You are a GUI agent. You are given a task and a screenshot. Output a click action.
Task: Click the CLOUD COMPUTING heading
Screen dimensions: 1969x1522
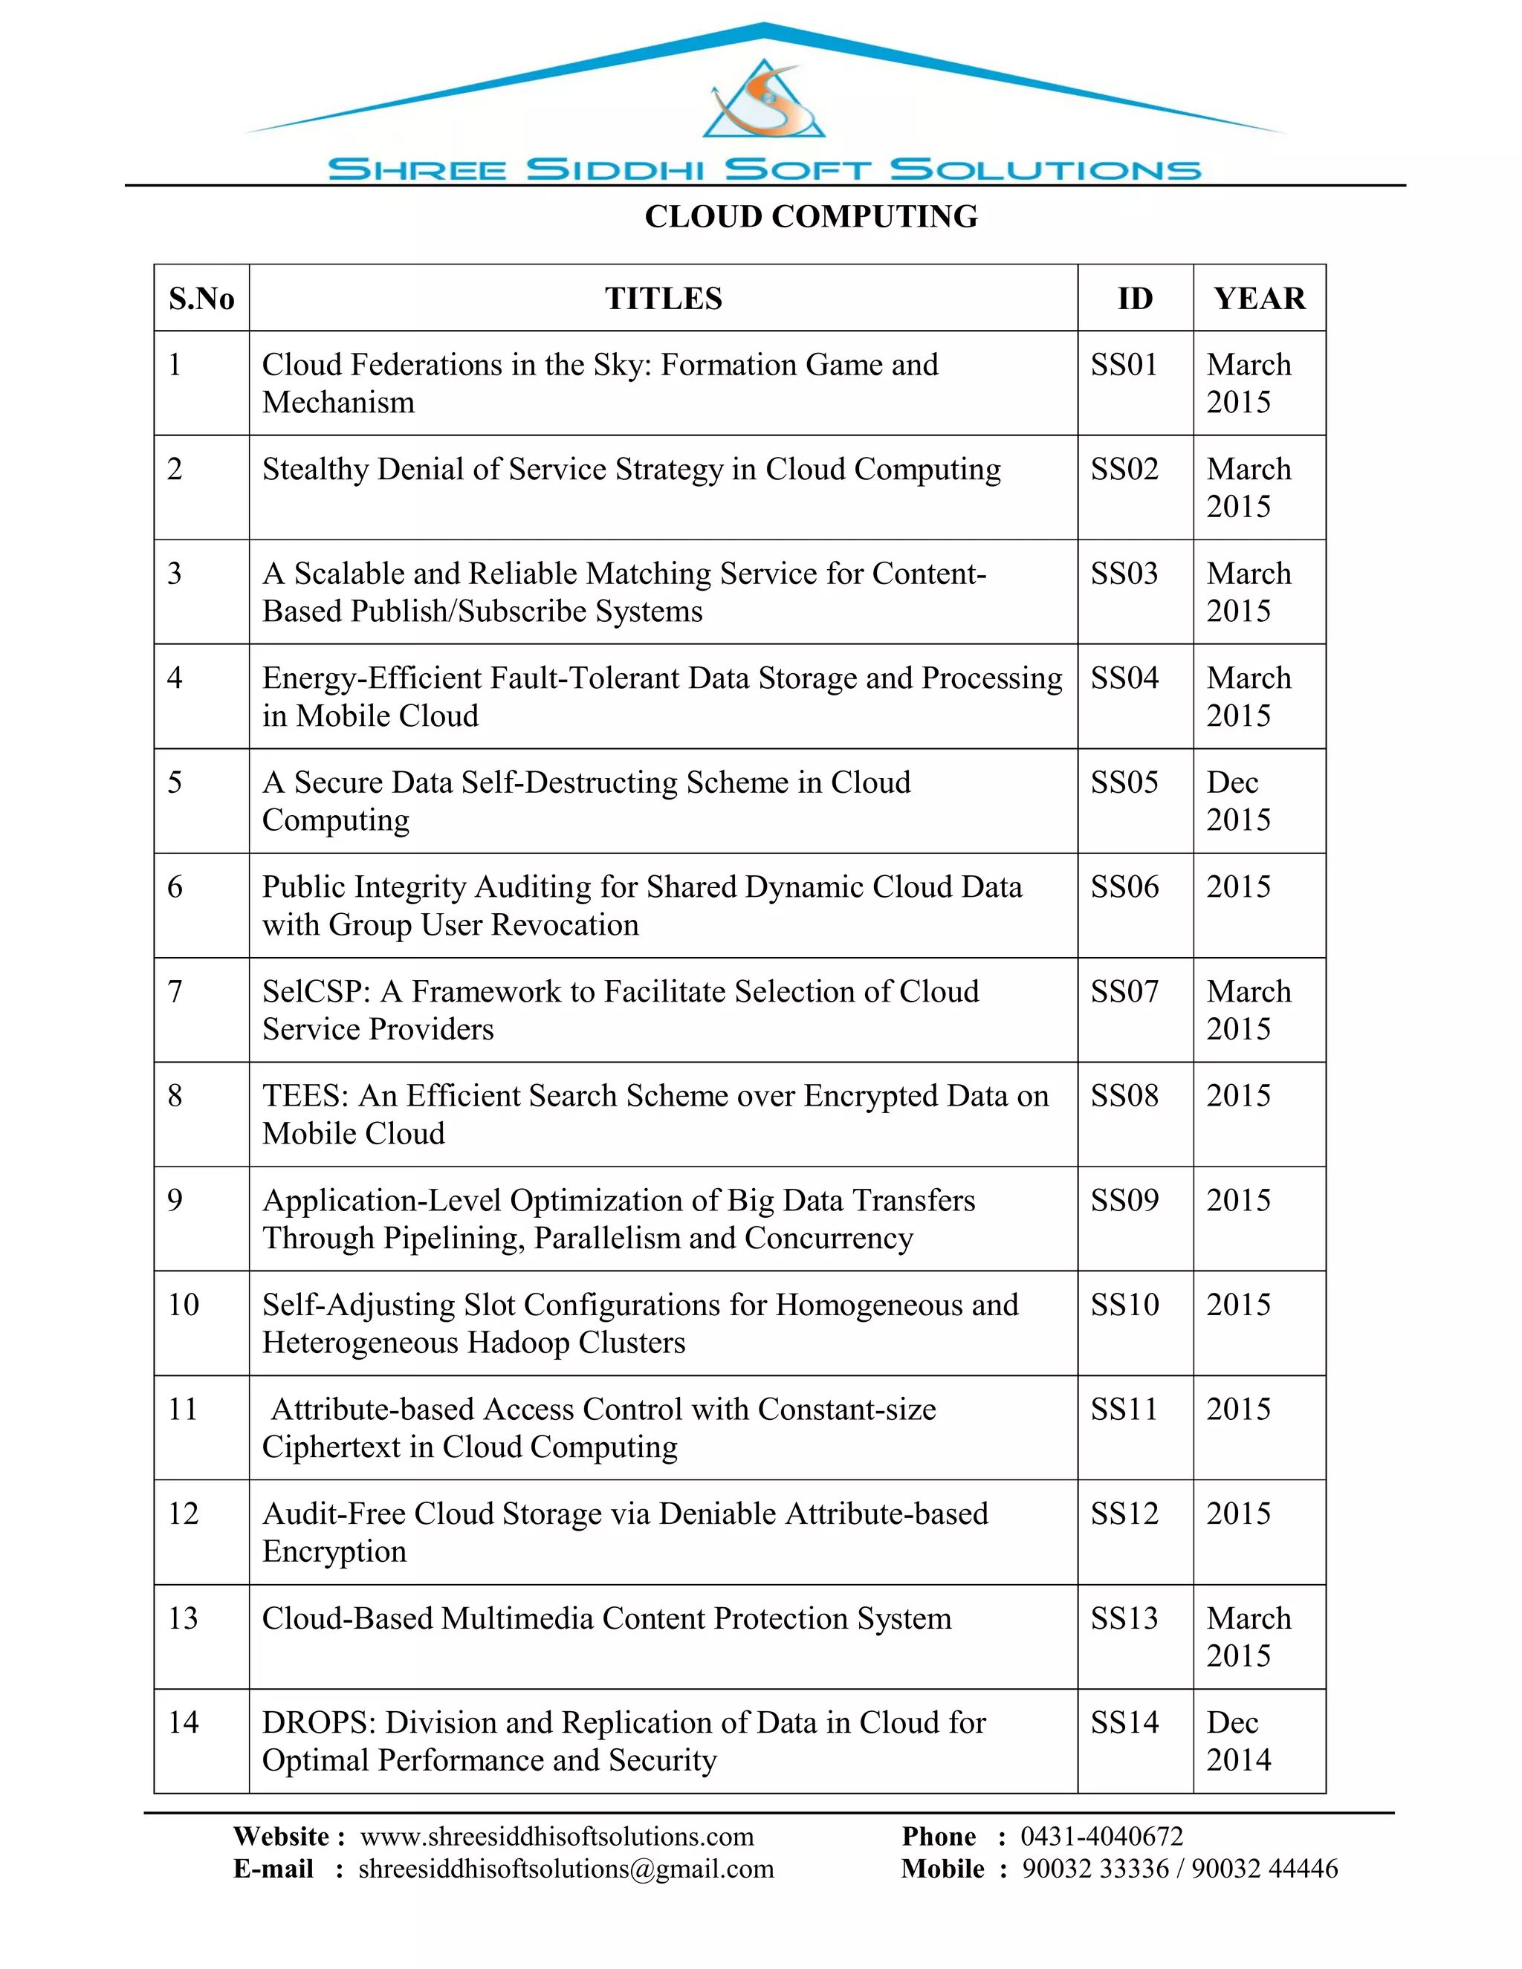pos(811,216)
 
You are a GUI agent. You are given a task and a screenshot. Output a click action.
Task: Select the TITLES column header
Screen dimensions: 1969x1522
pos(663,299)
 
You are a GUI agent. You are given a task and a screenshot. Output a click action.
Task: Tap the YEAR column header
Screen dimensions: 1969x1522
pos(1259,299)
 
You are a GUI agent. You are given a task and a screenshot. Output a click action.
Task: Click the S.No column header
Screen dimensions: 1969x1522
pos(201,299)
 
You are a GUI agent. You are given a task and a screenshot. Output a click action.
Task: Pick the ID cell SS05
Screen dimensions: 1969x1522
pos(1124,782)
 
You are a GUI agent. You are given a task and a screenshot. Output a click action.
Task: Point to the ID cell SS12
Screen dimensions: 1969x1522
pos(1124,1514)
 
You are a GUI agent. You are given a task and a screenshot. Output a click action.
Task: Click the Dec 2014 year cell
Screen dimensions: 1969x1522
pos(1238,1741)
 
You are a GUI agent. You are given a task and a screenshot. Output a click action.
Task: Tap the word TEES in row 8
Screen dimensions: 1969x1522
pos(304,1096)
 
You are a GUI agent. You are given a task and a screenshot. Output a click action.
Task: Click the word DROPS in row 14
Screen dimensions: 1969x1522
pos(317,1723)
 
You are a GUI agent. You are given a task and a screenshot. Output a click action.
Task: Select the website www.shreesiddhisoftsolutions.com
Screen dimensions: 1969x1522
pos(557,1837)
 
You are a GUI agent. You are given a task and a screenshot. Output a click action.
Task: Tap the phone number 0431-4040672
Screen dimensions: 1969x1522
pos(1101,1837)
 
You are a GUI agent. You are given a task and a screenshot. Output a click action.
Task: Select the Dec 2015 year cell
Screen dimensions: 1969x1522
pos(1238,800)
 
